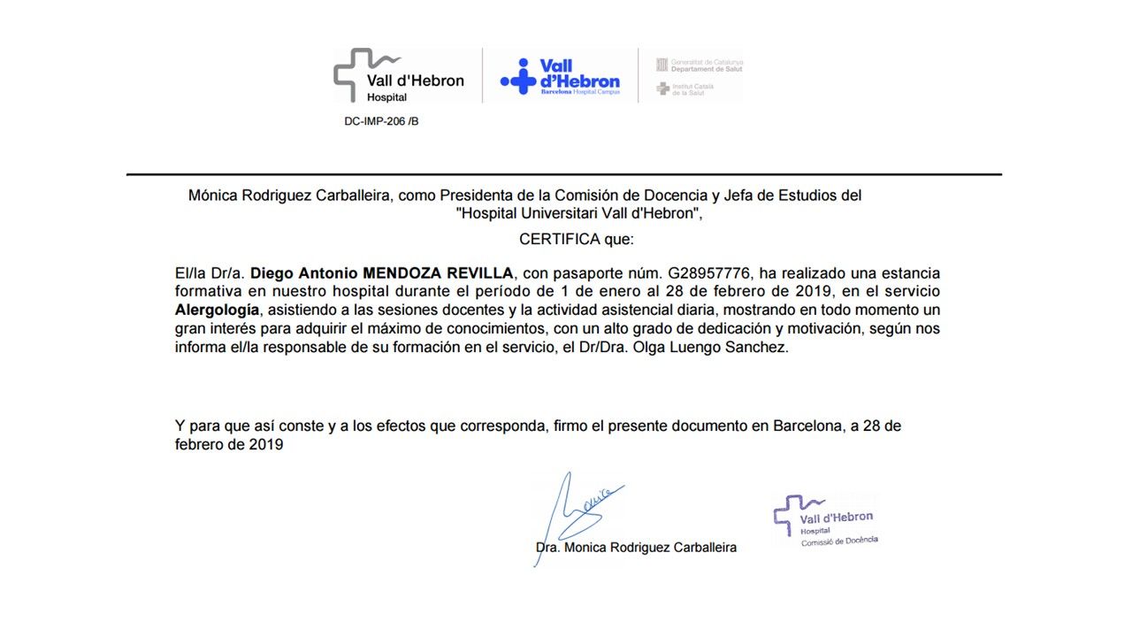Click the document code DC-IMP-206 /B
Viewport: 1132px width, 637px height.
tap(381, 121)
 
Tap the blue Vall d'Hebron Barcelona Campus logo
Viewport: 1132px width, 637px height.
tap(560, 77)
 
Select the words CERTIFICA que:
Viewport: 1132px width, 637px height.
tap(577, 239)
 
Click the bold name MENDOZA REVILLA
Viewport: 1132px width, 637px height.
tap(432, 272)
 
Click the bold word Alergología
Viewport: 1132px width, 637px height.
tap(218, 310)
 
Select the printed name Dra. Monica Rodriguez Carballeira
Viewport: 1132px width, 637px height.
tap(636, 547)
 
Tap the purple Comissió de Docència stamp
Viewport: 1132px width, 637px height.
tap(825, 520)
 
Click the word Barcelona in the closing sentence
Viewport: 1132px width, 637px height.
tap(807, 426)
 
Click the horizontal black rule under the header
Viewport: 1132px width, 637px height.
tap(563, 174)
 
